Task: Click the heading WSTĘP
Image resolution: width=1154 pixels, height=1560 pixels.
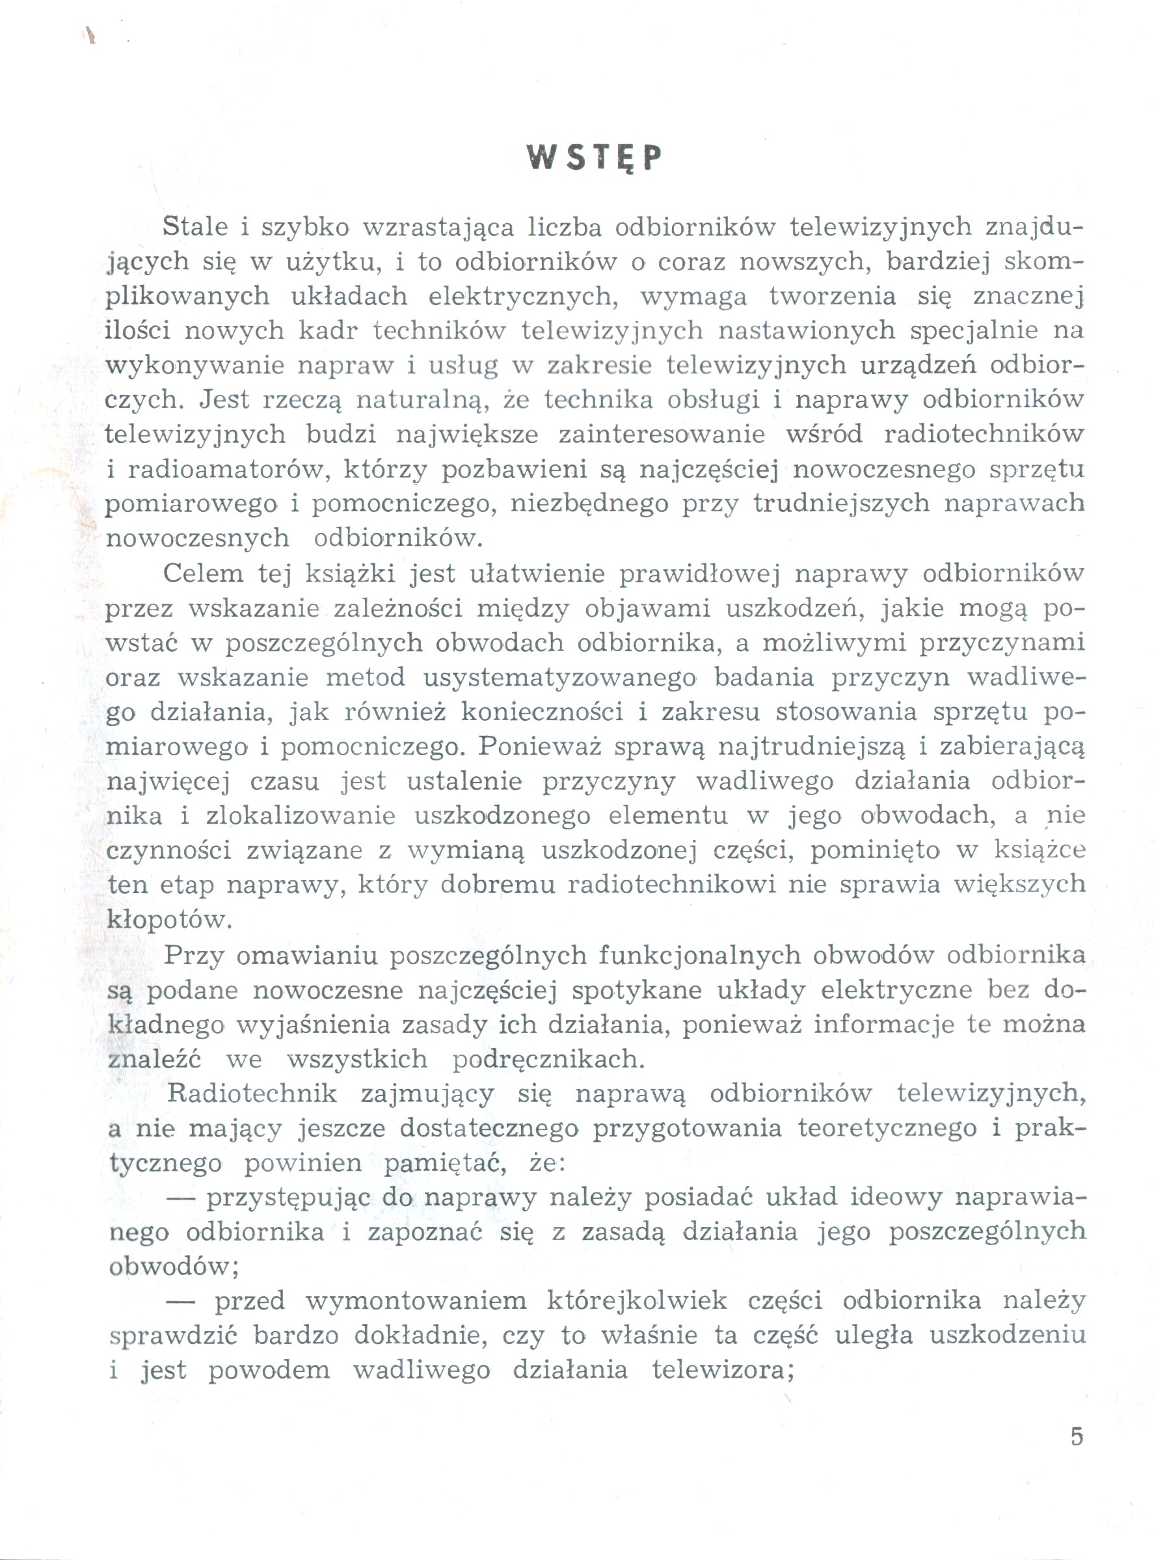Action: tap(593, 158)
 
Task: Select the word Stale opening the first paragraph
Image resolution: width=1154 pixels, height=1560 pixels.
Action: tap(195, 227)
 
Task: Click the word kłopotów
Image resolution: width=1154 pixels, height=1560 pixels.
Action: tap(168, 920)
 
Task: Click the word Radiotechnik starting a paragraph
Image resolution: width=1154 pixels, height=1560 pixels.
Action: tap(252, 1094)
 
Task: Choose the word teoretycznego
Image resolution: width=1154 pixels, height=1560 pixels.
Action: tap(887, 1128)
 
